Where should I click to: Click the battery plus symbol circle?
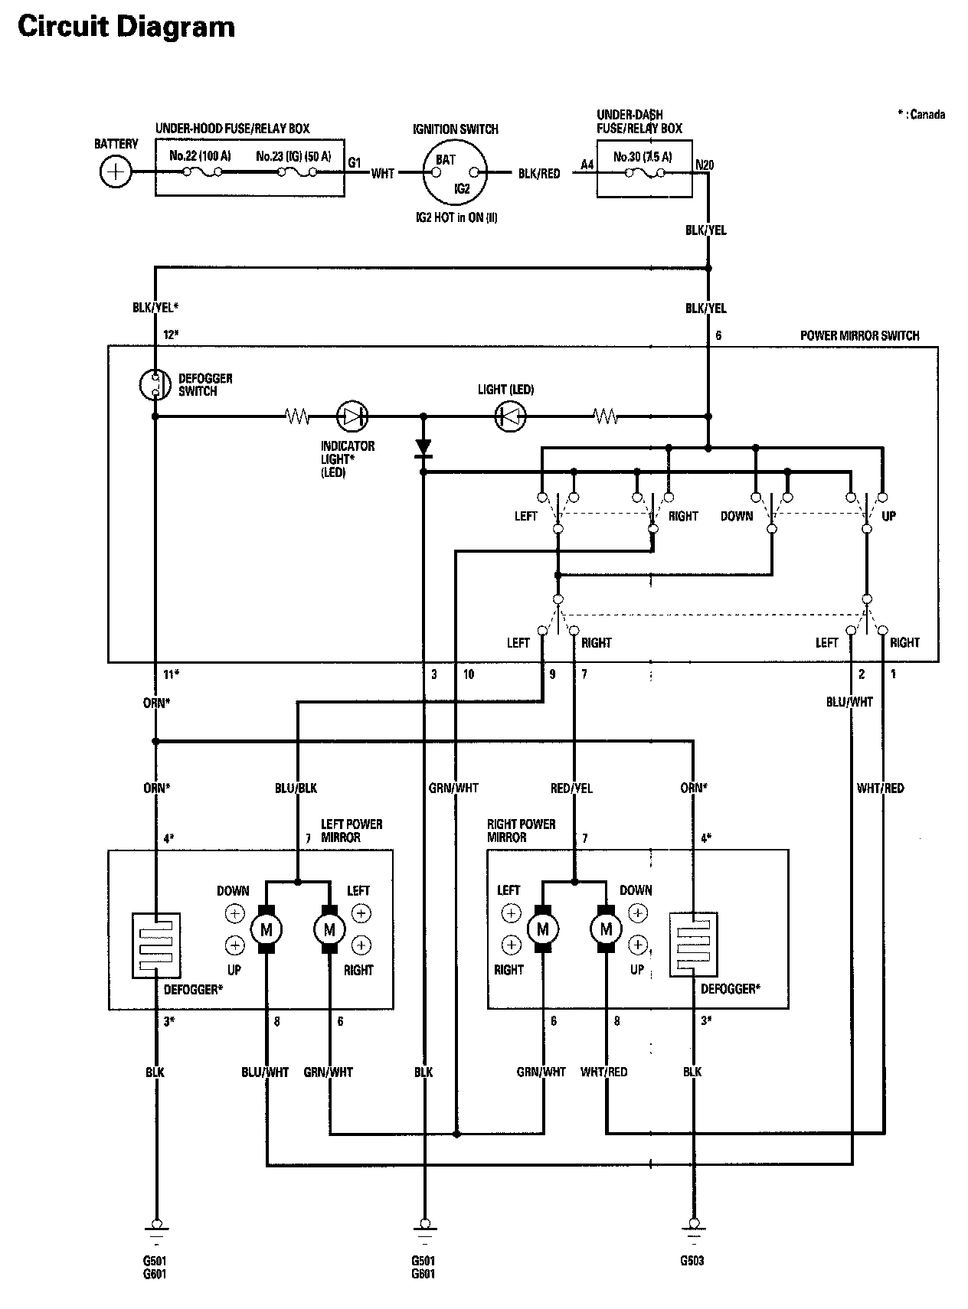(116, 171)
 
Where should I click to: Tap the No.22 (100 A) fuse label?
(199, 156)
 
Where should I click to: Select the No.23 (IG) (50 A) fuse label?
(293, 156)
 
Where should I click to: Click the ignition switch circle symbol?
(455, 173)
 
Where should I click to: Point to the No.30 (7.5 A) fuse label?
(643, 157)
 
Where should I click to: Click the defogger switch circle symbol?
(155, 384)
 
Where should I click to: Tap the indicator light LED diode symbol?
(352, 417)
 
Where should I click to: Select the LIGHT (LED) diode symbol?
(511, 417)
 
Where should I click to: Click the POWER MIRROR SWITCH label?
(859, 335)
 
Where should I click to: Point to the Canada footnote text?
(921, 115)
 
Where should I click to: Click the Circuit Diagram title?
(126, 27)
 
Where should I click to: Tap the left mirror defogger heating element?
(156, 945)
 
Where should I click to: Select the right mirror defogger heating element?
(694, 945)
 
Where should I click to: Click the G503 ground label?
(692, 1261)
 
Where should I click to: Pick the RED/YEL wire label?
(572, 788)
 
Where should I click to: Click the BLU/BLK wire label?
(296, 788)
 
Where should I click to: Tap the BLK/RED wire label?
(539, 174)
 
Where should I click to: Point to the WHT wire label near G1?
(383, 174)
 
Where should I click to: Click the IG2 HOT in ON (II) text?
(456, 217)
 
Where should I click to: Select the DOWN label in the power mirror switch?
(737, 516)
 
